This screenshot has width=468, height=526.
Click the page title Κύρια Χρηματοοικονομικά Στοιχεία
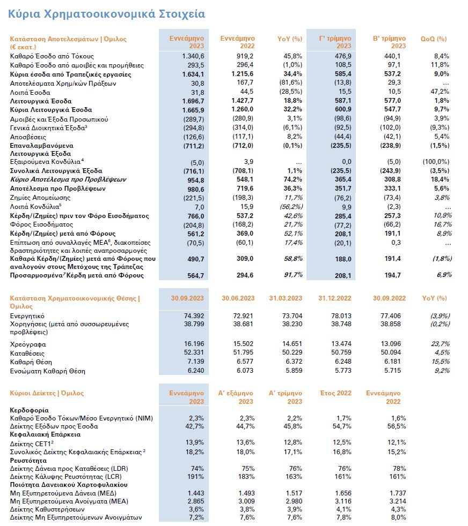point(106,13)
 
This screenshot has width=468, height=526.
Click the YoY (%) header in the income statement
point(290,39)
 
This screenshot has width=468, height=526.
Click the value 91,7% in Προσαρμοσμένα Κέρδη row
point(293,275)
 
